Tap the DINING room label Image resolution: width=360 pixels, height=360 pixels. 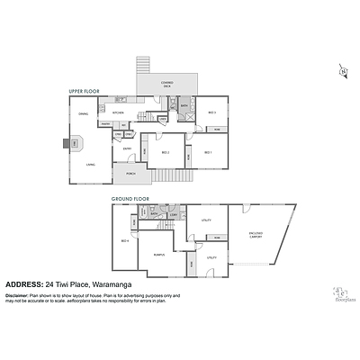point(82,113)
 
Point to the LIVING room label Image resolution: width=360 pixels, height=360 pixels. point(90,165)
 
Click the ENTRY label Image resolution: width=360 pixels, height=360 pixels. point(128,148)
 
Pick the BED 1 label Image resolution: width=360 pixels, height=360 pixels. point(208,153)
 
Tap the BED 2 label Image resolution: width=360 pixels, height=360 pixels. point(166,153)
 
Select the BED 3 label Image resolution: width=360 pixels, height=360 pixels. point(212,112)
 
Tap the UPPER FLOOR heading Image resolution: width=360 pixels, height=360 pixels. point(84,91)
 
